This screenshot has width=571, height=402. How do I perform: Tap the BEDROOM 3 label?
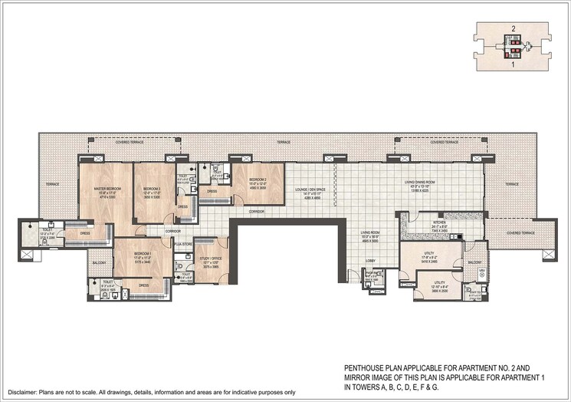[151, 188]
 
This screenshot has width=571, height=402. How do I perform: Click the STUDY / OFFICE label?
[209, 259]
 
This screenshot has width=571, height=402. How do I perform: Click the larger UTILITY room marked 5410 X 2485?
[428, 252]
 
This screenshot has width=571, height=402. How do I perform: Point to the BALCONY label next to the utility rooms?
[475, 262]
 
